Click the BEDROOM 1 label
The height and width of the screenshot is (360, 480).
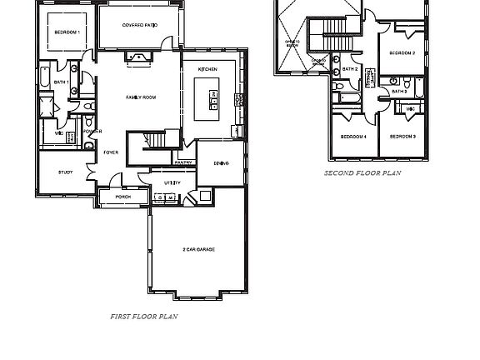click(67, 32)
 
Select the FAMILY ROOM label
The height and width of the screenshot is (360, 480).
click(141, 97)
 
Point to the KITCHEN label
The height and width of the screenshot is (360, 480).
click(207, 68)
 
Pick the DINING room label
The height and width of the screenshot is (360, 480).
click(221, 163)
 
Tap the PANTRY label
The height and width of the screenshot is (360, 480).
click(184, 162)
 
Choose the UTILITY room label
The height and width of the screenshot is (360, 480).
click(172, 182)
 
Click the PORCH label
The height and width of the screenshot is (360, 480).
click(122, 197)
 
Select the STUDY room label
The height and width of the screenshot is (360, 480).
click(65, 172)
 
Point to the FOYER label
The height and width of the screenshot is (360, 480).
click(110, 152)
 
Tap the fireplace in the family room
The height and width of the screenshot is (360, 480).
click(137, 57)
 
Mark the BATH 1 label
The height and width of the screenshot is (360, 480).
click(61, 82)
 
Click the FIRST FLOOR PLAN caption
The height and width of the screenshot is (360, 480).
click(143, 317)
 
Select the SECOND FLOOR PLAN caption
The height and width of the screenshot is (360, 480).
click(362, 173)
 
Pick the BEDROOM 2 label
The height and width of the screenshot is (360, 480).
click(402, 53)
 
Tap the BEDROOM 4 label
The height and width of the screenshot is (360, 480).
click(353, 136)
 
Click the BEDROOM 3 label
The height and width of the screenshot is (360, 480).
click(402, 136)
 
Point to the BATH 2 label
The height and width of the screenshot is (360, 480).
click(350, 69)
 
